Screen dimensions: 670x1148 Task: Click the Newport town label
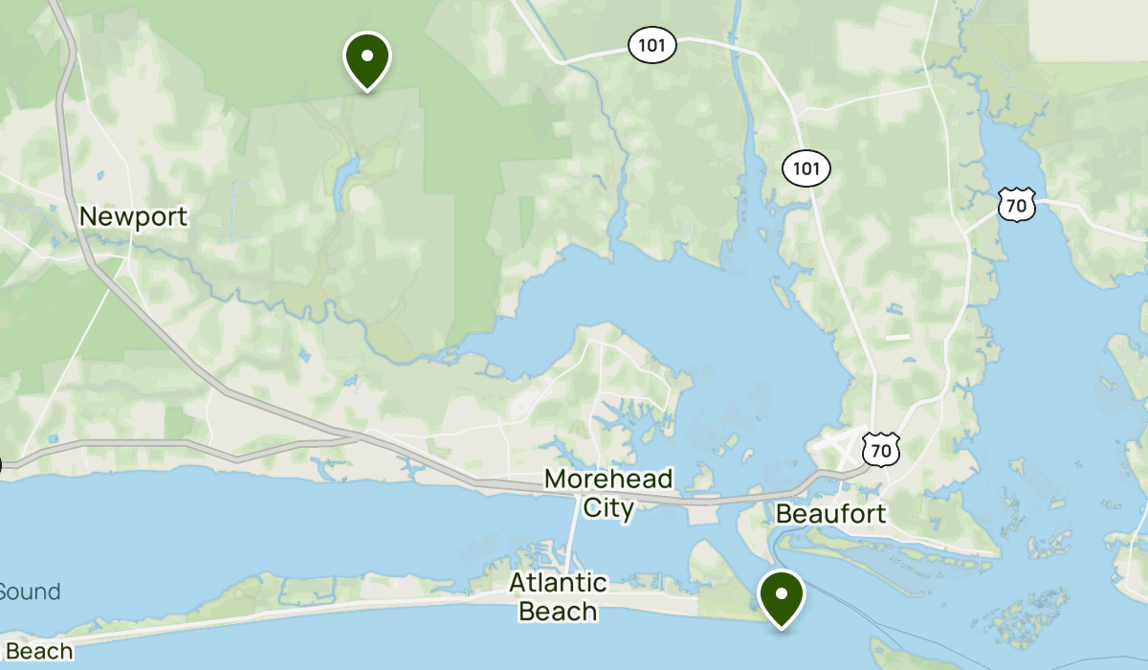(133, 216)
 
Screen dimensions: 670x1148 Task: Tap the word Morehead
(608, 479)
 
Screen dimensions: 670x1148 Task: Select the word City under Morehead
(608, 507)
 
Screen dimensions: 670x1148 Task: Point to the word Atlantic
(558, 582)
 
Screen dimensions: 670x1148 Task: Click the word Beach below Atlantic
(558, 611)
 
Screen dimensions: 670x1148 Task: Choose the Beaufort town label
(830, 514)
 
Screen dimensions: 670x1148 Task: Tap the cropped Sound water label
(29, 592)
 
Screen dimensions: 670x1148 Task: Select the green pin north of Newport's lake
(366, 58)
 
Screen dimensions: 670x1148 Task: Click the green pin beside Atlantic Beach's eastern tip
(782, 595)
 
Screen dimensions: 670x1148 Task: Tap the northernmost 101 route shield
(652, 44)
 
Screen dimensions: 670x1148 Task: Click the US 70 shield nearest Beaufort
(880, 448)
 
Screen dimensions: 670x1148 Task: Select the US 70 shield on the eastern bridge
(1016, 204)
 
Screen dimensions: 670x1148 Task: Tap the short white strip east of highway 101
(897, 337)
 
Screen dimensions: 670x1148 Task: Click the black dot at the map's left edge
(1, 466)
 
